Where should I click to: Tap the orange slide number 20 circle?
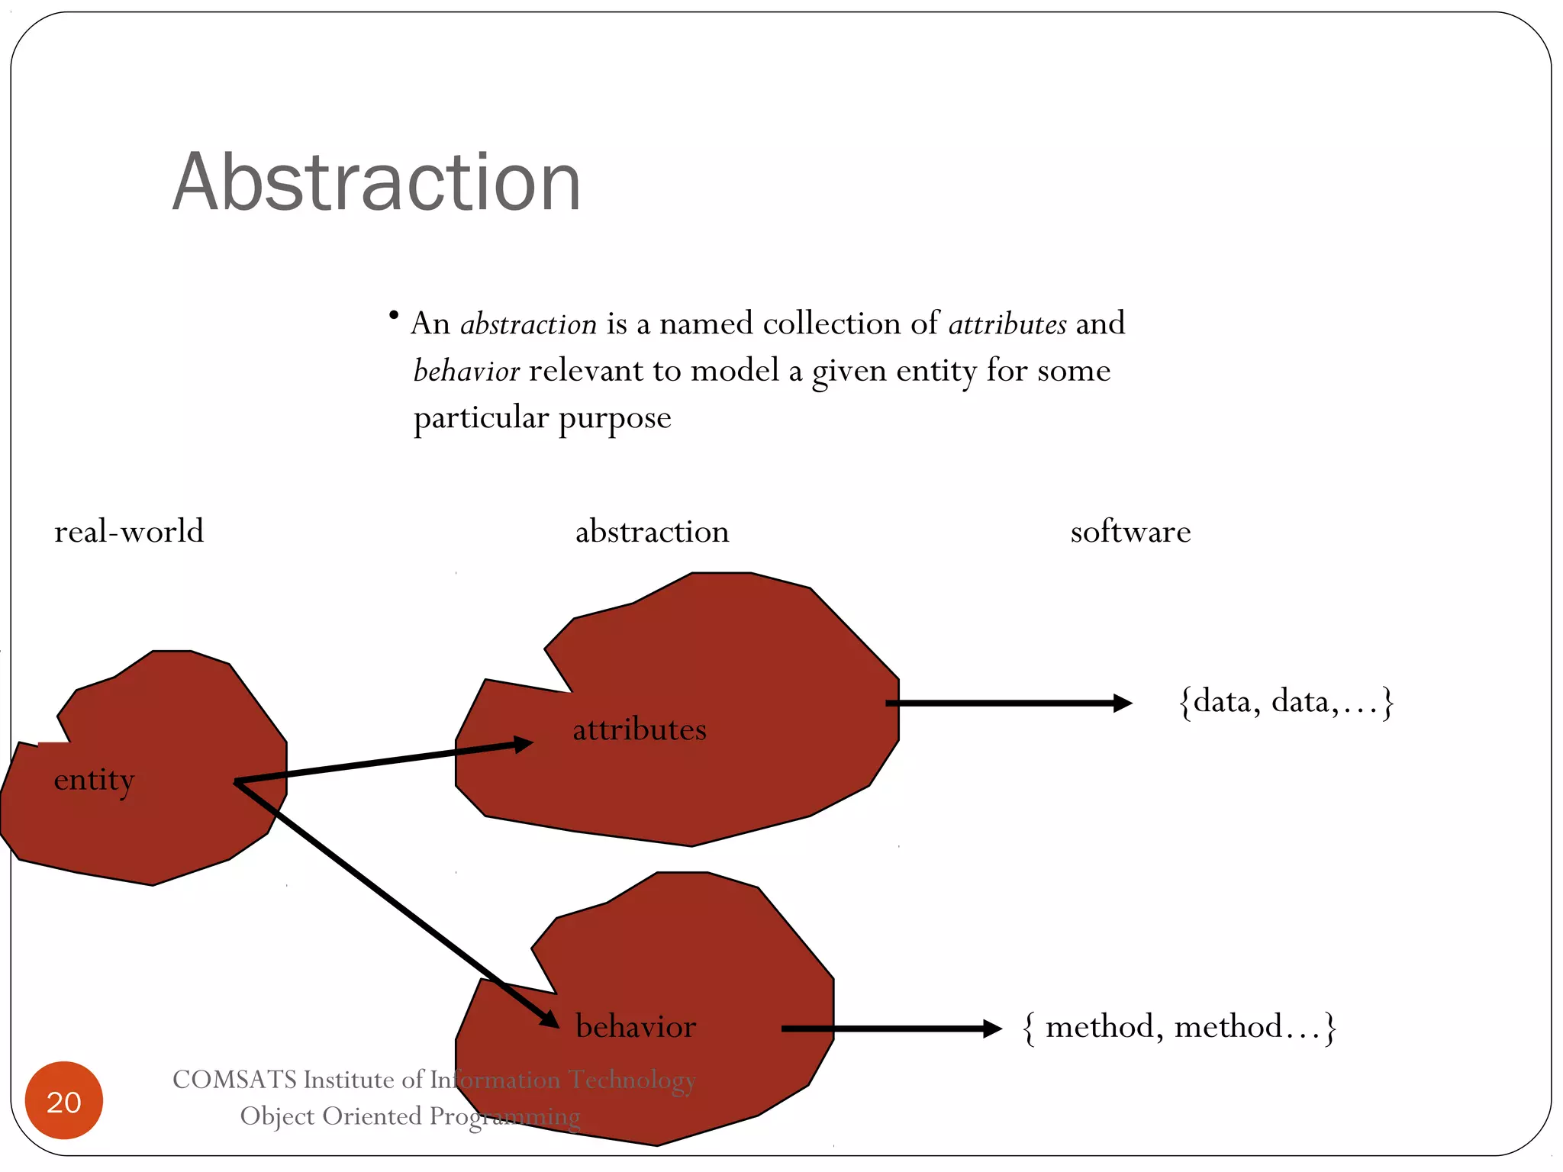pyautogui.click(x=64, y=1100)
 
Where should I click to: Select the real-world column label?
pyautogui.click(x=129, y=532)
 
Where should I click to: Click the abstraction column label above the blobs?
pyautogui.click(x=652, y=532)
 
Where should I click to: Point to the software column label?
pyautogui.click(x=1130, y=532)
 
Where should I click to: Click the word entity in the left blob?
pyautogui.click(x=94, y=781)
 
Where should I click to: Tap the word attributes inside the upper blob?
pyautogui.click(x=640, y=730)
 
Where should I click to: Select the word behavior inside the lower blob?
pyautogui.click(x=636, y=1027)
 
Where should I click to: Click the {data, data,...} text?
pyautogui.click(x=1286, y=702)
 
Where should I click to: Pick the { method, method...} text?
pyautogui.click(x=1179, y=1027)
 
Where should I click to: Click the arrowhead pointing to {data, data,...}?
pyautogui.click(x=1122, y=703)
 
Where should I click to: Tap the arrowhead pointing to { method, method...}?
pyautogui.click(x=992, y=1029)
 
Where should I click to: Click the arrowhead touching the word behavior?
pyautogui.click(x=549, y=1019)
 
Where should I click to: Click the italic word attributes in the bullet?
pyautogui.click(x=1007, y=324)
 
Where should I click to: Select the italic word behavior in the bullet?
pyautogui.click(x=466, y=372)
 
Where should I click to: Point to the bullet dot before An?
pyautogui.click(x=394, y=314)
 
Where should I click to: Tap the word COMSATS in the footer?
pyautogui.click(x=234, y=1080)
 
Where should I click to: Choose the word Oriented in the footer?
pyautogui.click(x=372, y=1116)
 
